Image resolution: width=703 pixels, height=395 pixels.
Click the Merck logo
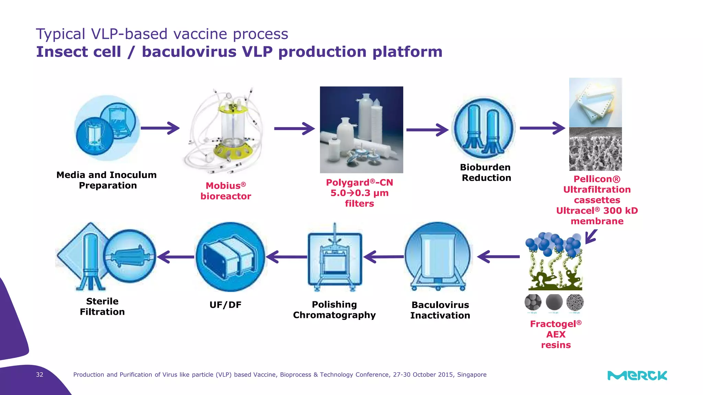click(637, 375)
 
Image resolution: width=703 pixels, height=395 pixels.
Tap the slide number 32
click(39, 374)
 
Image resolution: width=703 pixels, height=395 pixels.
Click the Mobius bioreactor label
click(226, 191)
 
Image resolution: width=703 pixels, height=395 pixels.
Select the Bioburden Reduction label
click(486, 172)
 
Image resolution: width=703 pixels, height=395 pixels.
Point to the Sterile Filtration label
click(102, 307)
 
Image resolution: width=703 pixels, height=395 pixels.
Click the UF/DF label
click(225, 305)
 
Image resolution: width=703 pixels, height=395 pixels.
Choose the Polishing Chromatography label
click(334, 310)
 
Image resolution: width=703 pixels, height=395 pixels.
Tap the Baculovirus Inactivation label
click(440, 310)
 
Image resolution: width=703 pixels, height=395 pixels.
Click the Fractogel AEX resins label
click(556, 334)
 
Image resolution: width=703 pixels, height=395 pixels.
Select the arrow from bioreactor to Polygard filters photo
click(294, 129)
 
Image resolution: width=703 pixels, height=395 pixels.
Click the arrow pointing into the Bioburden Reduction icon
click(427, 130)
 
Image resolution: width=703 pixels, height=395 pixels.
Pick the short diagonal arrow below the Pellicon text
click(591, 237)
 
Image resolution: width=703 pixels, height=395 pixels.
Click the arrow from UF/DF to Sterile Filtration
click(175, 257)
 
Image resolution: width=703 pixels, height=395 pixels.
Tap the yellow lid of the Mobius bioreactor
click(233, 108)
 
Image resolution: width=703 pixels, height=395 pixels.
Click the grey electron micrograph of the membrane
click(595, 149)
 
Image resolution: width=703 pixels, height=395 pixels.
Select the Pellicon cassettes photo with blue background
click(595, 102)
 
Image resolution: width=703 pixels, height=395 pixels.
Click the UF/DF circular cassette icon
click(230, 257)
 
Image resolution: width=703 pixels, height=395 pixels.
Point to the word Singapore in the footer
click(472, 375)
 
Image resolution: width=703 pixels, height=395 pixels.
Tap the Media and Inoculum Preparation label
click(107, 180)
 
